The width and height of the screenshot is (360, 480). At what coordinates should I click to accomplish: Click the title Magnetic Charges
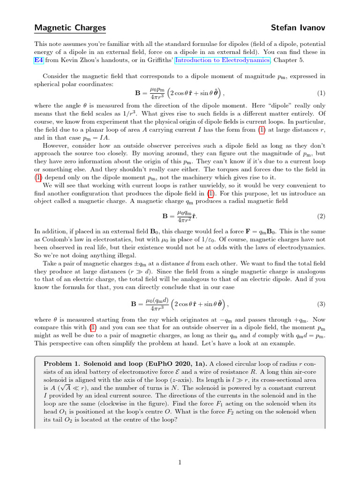[x=70, y=28]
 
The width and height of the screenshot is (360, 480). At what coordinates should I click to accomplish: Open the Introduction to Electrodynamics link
[x=223, y=60]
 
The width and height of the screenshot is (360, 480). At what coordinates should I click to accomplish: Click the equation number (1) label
[x=321, y=93]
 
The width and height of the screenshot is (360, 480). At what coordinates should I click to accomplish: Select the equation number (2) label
[x=321, y=217]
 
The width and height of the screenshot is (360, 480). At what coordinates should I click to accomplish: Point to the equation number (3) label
[x=321, y=304]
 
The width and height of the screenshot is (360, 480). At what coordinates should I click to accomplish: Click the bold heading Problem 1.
[x=62, y=364]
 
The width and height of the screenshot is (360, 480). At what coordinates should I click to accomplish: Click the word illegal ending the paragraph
[x=125, y=255]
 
